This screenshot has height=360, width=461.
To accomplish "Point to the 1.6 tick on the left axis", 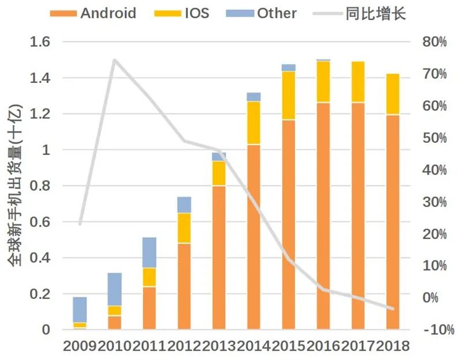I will point(40,42).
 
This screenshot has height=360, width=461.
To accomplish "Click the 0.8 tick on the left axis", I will point(40,186).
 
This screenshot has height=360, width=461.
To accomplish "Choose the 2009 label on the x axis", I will point(80,346).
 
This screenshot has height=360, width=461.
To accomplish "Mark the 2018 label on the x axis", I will point(392,346).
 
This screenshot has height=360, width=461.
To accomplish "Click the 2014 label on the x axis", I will point(254,346).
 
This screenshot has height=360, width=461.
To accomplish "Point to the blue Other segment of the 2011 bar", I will point(149,252).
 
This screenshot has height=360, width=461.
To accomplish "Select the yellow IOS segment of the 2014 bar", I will point(254,123).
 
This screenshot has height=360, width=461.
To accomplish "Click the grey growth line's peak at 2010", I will point(114,60).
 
